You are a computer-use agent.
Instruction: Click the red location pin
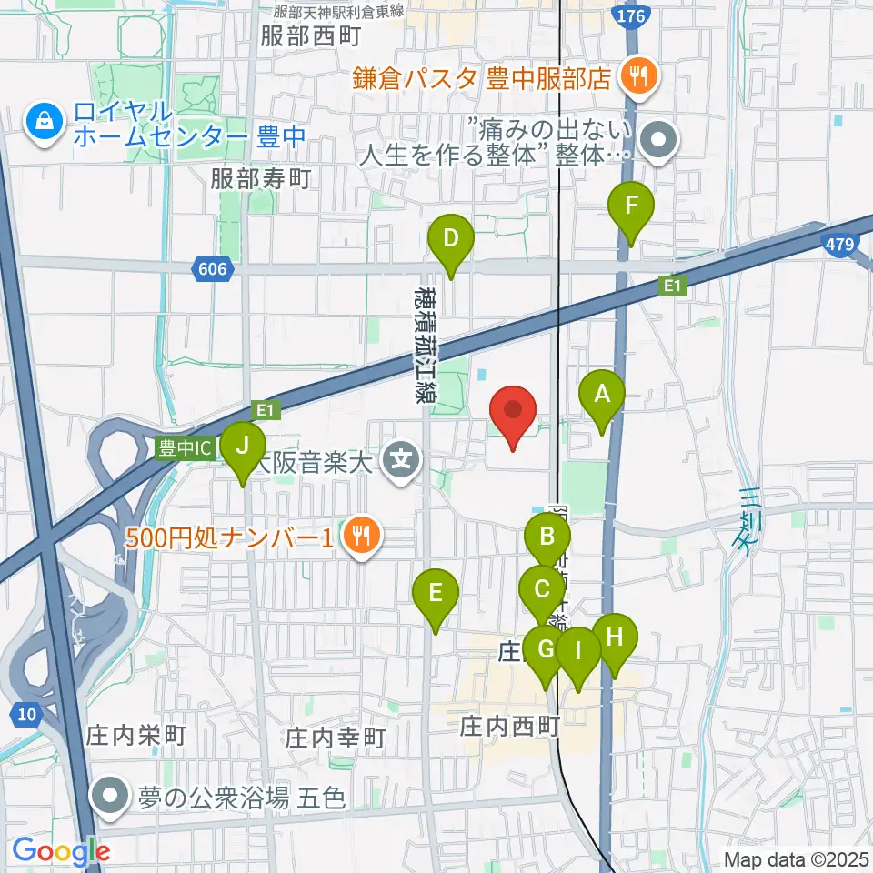pyautogui.click(x=514, y=413)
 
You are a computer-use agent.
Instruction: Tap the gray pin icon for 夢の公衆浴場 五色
pyautogui.click(x=111, y=798)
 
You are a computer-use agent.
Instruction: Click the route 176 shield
pyautogui.click(x=627, y=15)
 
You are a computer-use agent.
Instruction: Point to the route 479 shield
pyautogui.click(x=838, y=243)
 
